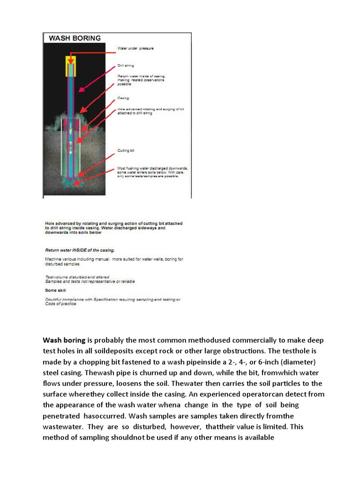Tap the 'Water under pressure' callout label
tap(135, 48)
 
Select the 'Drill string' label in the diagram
tap(126, 66)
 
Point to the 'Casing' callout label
tap(123, 98)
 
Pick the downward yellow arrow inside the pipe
tap(71, 126)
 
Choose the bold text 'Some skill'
tap(55, 290)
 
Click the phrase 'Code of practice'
tap(60, 304)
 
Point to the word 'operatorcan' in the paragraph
tap(273, 394)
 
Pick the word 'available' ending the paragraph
tap(255, 438)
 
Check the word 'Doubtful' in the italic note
tap(55, 299)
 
